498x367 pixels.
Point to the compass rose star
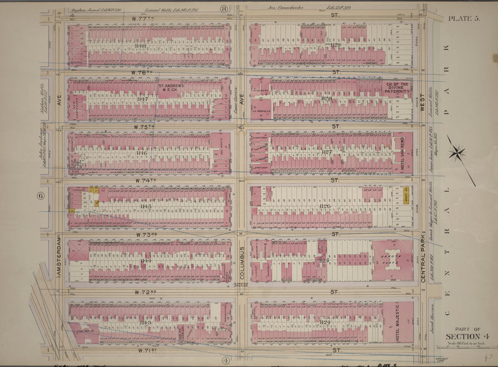tap(457, 153)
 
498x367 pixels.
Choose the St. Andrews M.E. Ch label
tap(171, 88)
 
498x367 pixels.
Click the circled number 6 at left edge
tap(40, 196)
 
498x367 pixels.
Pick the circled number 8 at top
tap(224, 8)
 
